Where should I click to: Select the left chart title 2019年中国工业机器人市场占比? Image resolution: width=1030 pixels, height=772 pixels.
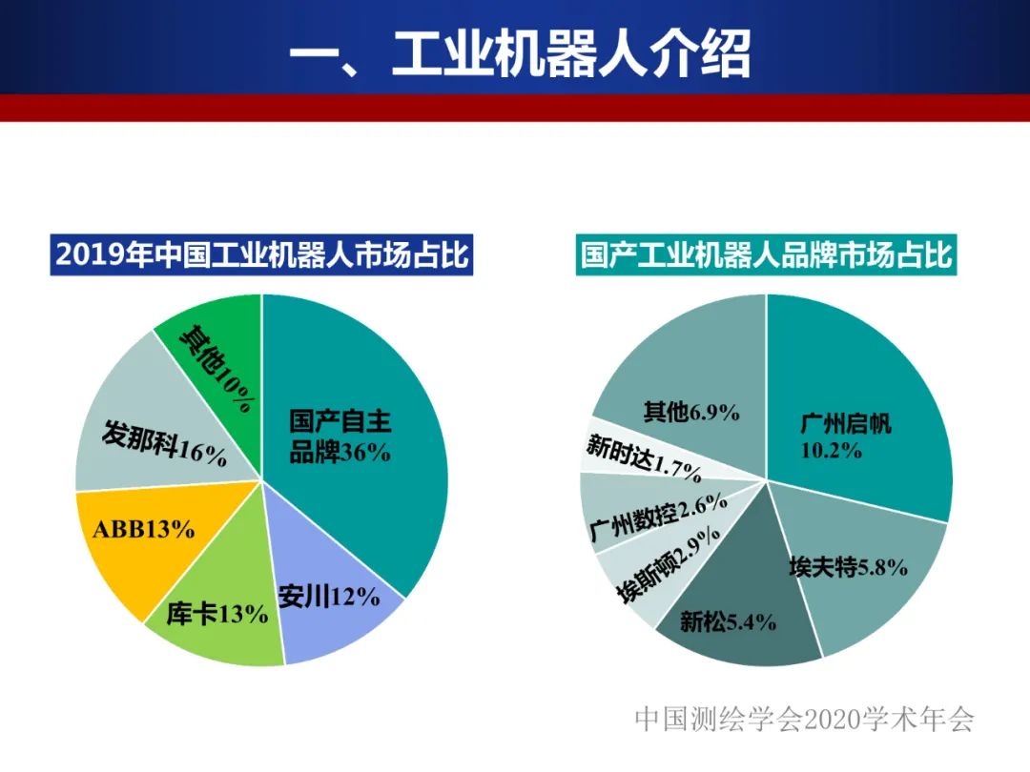[x=262, y=255]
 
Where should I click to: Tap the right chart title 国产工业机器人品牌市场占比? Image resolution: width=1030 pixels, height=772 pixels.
[x=767, y=255]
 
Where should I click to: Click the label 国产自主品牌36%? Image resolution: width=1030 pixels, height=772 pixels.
[x=340, y=437]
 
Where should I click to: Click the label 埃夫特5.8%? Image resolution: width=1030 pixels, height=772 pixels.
[x=848, y=568]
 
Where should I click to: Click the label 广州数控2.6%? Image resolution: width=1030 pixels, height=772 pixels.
[x=658, y=522]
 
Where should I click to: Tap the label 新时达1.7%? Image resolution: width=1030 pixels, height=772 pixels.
[x=644, y=458]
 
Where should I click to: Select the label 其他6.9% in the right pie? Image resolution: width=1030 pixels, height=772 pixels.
[x=691, y=413]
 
